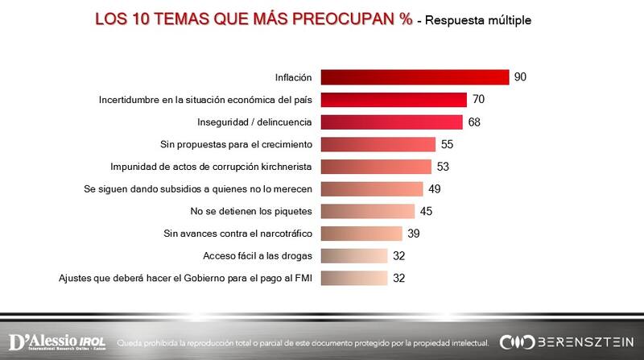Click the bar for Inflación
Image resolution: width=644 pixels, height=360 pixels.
click(x=415, y=77)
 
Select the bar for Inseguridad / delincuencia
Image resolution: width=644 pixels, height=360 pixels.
click(x=391, y=122)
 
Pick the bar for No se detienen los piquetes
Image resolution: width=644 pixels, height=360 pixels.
click(x=367, y=212)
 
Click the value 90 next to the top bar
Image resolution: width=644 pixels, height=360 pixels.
click(x=521, y=77)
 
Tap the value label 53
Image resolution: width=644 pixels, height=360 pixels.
click(x=443, y=167)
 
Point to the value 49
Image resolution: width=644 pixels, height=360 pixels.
click(x=434, y=189)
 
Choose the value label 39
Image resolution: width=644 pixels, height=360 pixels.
click(x=413, y=234)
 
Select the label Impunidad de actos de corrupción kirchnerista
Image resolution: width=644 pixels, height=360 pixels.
click(x=212, y=168)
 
